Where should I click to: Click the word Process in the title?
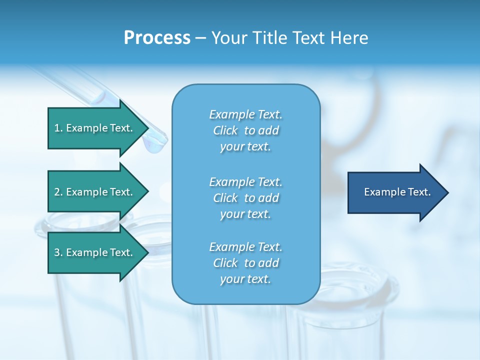[156, 38]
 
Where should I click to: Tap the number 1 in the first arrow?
[57, 128]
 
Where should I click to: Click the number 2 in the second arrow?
[57, 192]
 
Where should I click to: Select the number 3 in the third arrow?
[57, 253]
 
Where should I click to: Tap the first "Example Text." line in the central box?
[245, 114]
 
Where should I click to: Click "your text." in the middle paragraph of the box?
[245, 214]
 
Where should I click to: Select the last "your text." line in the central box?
[245, 279]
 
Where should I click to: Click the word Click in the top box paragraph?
[225, 130]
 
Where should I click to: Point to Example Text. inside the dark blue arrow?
[397, 192]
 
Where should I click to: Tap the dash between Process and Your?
[200, 38]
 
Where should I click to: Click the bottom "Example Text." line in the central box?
[245, 247]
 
